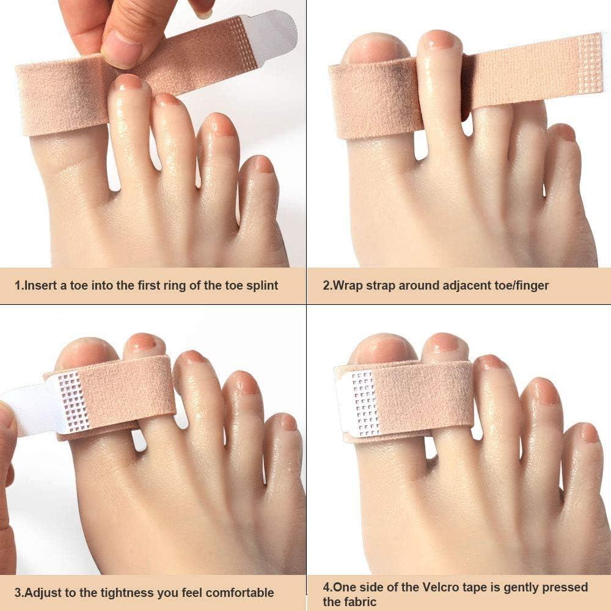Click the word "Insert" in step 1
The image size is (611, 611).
[x=40, y=285]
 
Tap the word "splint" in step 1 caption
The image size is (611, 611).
[x=262, y=285]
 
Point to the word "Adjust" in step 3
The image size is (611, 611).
[x=41, y=592]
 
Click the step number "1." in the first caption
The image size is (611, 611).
[x=18, y=285]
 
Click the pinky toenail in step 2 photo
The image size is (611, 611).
[x=566, y=133]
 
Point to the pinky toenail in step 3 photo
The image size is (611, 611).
[x=288, y=422]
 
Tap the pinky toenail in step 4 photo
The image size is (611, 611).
[x=589, y=433]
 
